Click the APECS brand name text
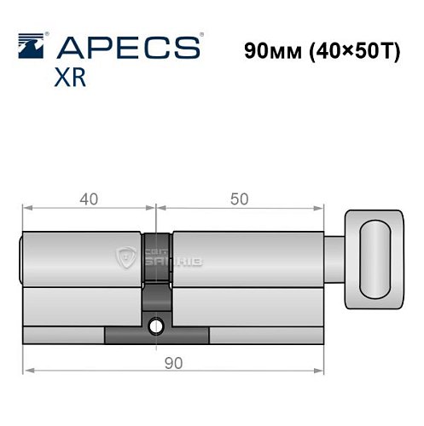tap(129, 47)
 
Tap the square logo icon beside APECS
tap(32, 45)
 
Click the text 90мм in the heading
tap(268, 49)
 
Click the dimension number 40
tap(87, 199)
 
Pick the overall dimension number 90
tap(173, 362)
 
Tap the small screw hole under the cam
tap(156, 325)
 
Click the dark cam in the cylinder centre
tap(156, 273)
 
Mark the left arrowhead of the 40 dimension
tap(26, 207)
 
